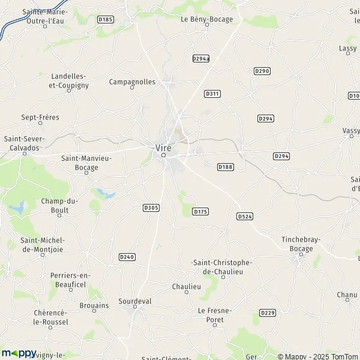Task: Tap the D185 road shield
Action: coord(105,20)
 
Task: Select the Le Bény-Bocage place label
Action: coord(206,19)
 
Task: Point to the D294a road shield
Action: coord(201,58)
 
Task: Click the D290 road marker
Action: coord(262,71)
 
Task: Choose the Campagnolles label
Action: coord(133,82)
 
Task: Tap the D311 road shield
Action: coord(212,94)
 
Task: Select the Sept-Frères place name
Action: coord(40,118)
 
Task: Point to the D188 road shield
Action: coord(225,166)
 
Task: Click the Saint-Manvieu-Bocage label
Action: coord(80,163)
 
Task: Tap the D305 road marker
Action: coord(151,208)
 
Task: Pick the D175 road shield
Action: coord(200,212)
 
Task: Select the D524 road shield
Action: coord(244,216)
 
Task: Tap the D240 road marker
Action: coord(127,257)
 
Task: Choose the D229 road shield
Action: coord(268,313)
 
